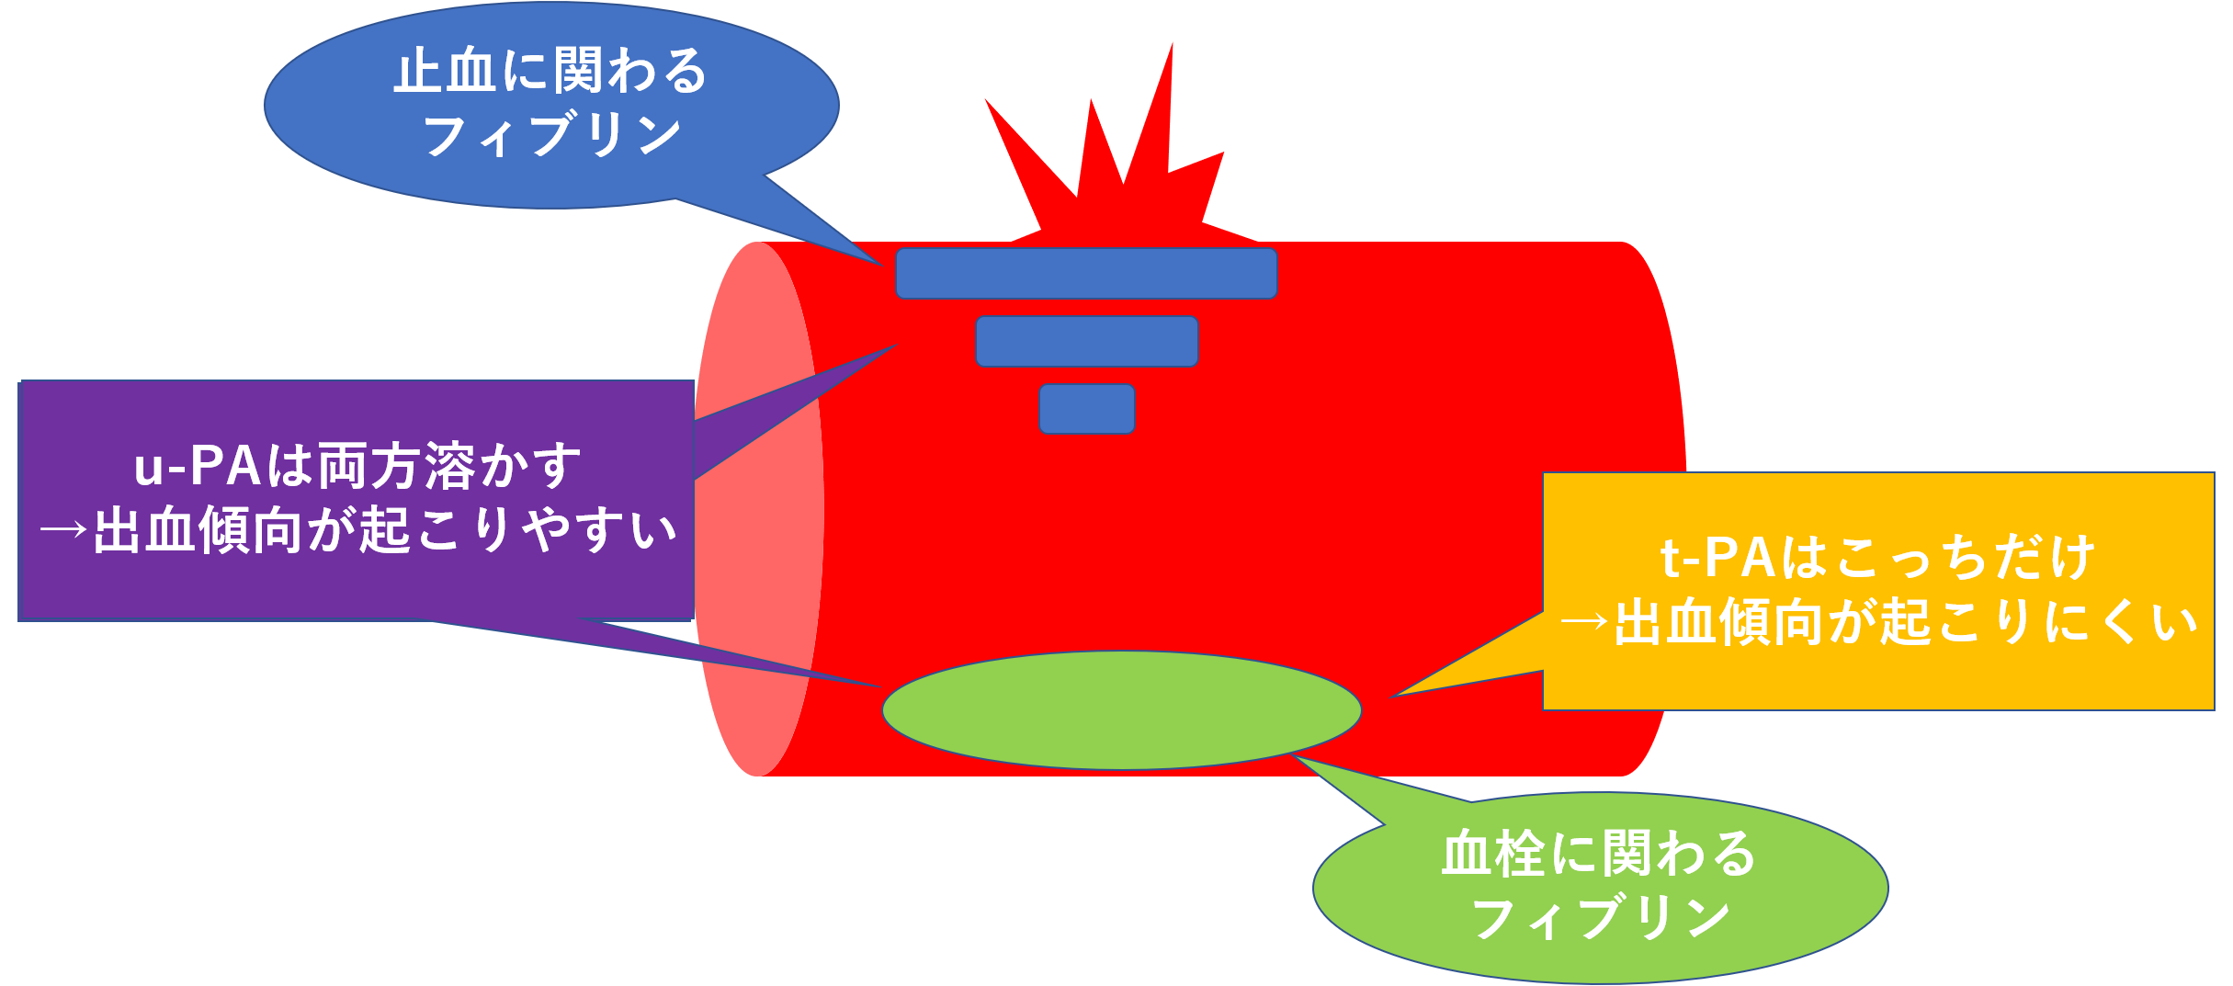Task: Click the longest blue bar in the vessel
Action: (1086, 273)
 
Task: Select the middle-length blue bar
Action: (1087, 341)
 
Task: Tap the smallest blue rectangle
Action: (1087, 409)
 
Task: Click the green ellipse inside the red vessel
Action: (1121, 710)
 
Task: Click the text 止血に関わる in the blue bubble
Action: (550, 72)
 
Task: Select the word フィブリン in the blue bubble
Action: (551, 136)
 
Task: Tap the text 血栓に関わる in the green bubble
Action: (1599, 854)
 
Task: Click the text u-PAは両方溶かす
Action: (358, 466)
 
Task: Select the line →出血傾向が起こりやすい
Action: (358, 530)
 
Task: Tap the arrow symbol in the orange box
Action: (1584, 623)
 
